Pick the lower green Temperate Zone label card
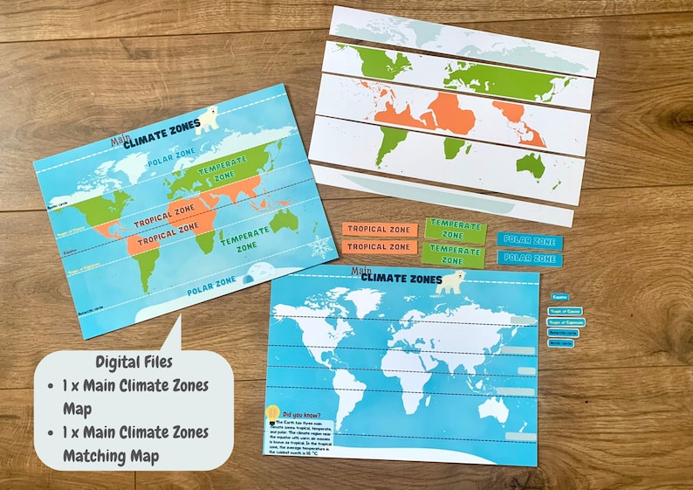pyautogui.click(x=454, y=254)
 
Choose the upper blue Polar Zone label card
pyautogui.click(x=530, y=240)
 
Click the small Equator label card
pyautogui.click(x=560, y=298)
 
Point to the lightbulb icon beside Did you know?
pyautogui.click(x=271, y=411)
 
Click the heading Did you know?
pyautogui.click(x=301, y=415)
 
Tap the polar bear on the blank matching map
pyautogui.click(x=450, y=281)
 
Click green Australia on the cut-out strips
pyautogui.click(x=529, y=163)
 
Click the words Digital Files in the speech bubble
pyautogui.click(x=134, y=362)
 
